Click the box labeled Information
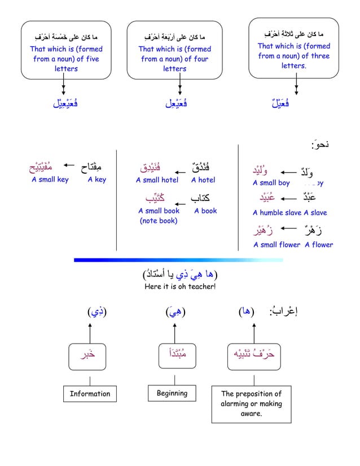[x=90, y=394]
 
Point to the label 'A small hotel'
[x=157, y=181]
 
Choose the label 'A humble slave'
[x=276, y=213]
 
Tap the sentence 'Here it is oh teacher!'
[x=180, y=287]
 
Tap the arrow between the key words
[x=69, y=166]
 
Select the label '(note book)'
[x=159, y=221]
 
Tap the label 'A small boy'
[x=271, y=183]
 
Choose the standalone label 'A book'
[x=205, y=211]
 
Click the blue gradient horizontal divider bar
[x=179, y=260]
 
